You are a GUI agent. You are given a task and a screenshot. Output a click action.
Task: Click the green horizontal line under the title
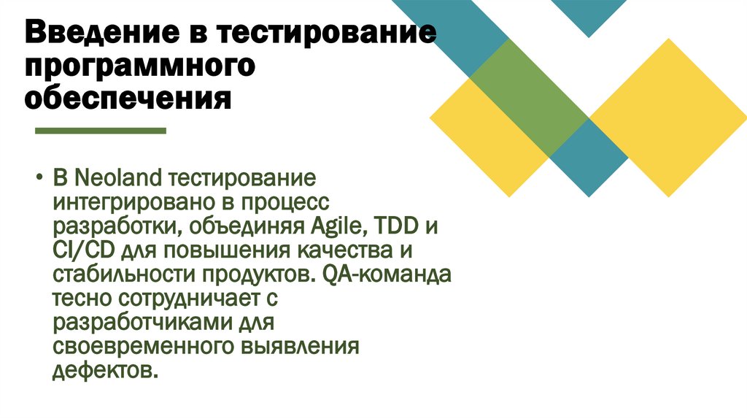pos(101,131)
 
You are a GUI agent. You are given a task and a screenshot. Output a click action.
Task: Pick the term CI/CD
pos(79,250)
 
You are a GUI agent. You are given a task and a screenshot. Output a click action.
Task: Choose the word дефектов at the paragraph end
pos(104,369)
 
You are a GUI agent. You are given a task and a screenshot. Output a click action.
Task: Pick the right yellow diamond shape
pos(667,117)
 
